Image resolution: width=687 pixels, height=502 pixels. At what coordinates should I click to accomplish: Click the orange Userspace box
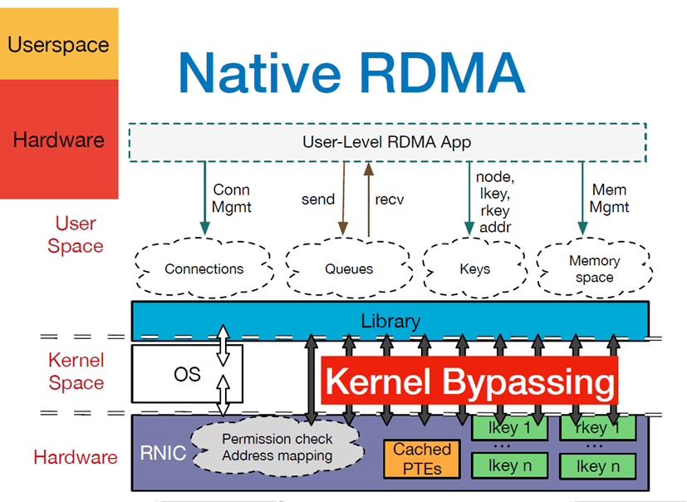(x=59, y=43)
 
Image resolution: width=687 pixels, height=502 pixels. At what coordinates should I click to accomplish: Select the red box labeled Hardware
(x=59, y=139)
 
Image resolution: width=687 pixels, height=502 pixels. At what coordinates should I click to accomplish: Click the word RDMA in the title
(x=442, y=73)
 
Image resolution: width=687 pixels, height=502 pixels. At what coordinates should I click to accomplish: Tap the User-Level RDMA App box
(x=387, y=142)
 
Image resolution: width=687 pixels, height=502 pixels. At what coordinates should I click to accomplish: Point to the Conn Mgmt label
(x=231, y=198)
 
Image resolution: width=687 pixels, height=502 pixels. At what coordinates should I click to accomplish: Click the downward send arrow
(x=343, y=199)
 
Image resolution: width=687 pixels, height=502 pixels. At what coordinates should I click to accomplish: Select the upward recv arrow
(x=369, y=199)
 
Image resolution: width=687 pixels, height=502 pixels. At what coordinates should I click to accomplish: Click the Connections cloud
(x=204, y=268)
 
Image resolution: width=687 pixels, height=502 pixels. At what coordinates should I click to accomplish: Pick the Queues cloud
(x=349, y=268)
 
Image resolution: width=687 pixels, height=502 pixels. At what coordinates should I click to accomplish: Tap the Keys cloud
(x=475, y=268)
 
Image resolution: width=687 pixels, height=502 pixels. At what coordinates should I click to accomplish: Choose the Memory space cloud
(x=594, y=268)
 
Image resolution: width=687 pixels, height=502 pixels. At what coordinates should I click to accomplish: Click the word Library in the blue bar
(x=390, y=321)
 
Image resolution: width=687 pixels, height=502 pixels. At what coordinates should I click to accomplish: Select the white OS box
(x=187, y=373)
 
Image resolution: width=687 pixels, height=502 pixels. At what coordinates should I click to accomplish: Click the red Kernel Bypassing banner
(x=469, y=381)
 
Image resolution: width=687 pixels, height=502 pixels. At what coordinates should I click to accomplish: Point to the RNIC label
(x=163, y=453)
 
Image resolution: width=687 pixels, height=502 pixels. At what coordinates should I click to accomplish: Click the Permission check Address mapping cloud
(x=277, y=447)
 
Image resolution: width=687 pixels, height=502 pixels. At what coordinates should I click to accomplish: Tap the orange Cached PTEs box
(x=422, y=459)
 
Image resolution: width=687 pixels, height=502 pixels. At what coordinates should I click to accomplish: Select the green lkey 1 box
(x=509, y=428)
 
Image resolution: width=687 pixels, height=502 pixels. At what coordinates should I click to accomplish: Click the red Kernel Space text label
(x=76, y=371)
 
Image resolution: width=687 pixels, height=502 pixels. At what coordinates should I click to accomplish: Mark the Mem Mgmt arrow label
(x=609, y=198)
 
